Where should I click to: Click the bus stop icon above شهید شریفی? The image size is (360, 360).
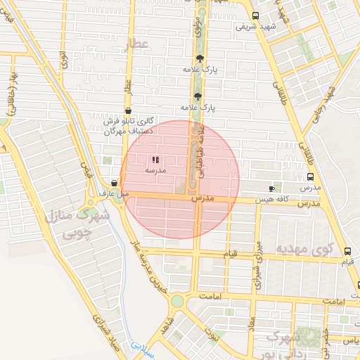pyautogui.click(x=254, y=15)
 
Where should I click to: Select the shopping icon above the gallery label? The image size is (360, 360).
pyautogui.click(x=127, y=111)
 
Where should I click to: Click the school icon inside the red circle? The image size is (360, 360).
pyautogui.click(x=155, y=160)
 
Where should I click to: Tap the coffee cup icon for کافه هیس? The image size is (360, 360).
pyautogui.click(x=273, y=188)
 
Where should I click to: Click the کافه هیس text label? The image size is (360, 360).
pyautogui.click(x=271, y=200)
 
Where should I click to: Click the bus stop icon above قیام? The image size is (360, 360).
pyautogui.click(x=348, y=251)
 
